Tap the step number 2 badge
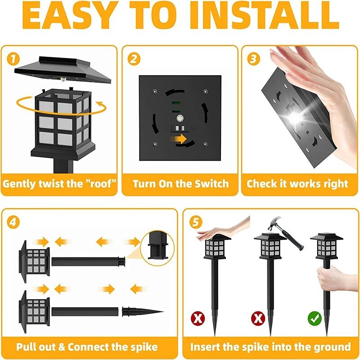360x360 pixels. (134, 58)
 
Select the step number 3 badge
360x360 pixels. (254, 58)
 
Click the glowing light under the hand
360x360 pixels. (295, 118)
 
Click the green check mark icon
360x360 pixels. (315, 319)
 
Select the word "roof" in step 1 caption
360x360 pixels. (99, 184)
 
